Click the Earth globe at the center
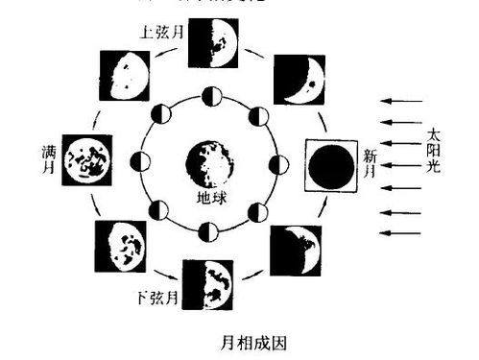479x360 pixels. [x=211, y=162]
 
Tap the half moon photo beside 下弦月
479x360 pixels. [x=211, y=285]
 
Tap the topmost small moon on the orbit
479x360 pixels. [x=212, y=96]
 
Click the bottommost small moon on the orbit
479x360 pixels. [x=211, y=231]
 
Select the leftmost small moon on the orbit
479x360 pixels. [x=143, y=163]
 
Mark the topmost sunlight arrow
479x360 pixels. [x=402, y=100]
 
